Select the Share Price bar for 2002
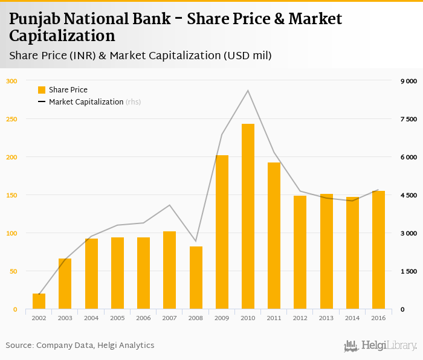39,301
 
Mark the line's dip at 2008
196,241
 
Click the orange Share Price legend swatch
42,90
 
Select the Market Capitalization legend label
86,102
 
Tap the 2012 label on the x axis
300,318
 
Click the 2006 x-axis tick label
144,318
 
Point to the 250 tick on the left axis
12,119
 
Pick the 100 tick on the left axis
12,233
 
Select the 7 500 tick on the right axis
410,119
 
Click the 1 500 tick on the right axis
410,271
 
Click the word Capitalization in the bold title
62,36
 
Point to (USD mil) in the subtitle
247,56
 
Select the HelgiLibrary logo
380,346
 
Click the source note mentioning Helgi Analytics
80,346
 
